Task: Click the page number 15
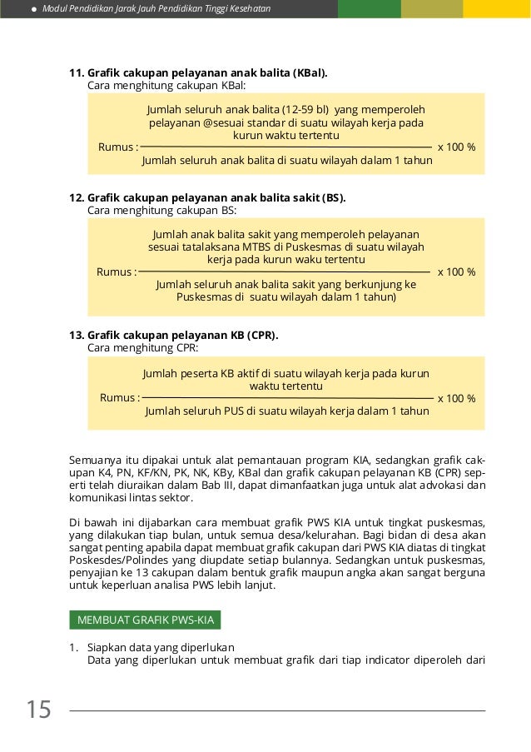click(38, 710)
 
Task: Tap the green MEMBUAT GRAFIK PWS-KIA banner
click(145, 620)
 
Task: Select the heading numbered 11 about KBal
click(198, 72)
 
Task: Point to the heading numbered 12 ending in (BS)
click(206, 197)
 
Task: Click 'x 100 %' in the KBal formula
click(456, 147)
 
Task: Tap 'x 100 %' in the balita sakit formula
click(456, 271)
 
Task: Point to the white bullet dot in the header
click(32, 9)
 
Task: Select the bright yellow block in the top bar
click(497, 9)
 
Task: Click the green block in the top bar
click(369, 9)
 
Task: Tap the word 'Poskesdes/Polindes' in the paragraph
click(116, 561)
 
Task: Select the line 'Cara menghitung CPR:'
click(142, 347)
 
